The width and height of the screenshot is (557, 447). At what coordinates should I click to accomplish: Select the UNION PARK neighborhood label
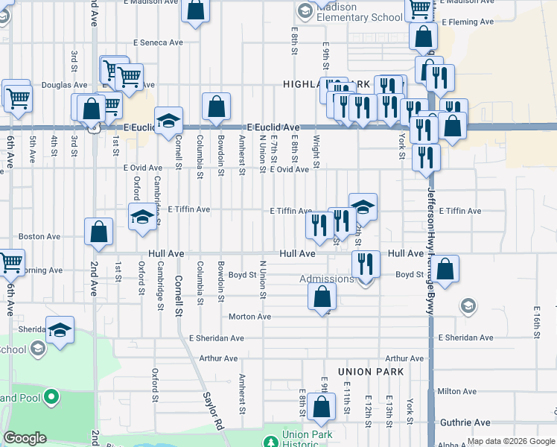point(370,371)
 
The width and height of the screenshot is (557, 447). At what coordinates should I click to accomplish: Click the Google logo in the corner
point(25,438)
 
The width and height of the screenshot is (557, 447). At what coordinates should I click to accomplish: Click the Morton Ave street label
point(249,317)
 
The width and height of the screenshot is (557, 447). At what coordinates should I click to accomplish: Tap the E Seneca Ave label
point(158,42)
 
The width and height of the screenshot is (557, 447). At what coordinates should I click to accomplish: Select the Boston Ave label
point(39,236)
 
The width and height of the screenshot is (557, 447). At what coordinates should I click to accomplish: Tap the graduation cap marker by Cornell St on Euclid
point(169,120)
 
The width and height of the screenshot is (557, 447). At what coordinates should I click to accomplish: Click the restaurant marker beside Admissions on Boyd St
point(366,263)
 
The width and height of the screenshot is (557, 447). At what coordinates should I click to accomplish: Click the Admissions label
point(327,279)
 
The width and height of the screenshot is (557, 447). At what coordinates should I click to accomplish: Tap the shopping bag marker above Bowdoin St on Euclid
point(216,106)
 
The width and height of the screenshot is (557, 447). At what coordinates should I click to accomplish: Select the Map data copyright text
point(510,442)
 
